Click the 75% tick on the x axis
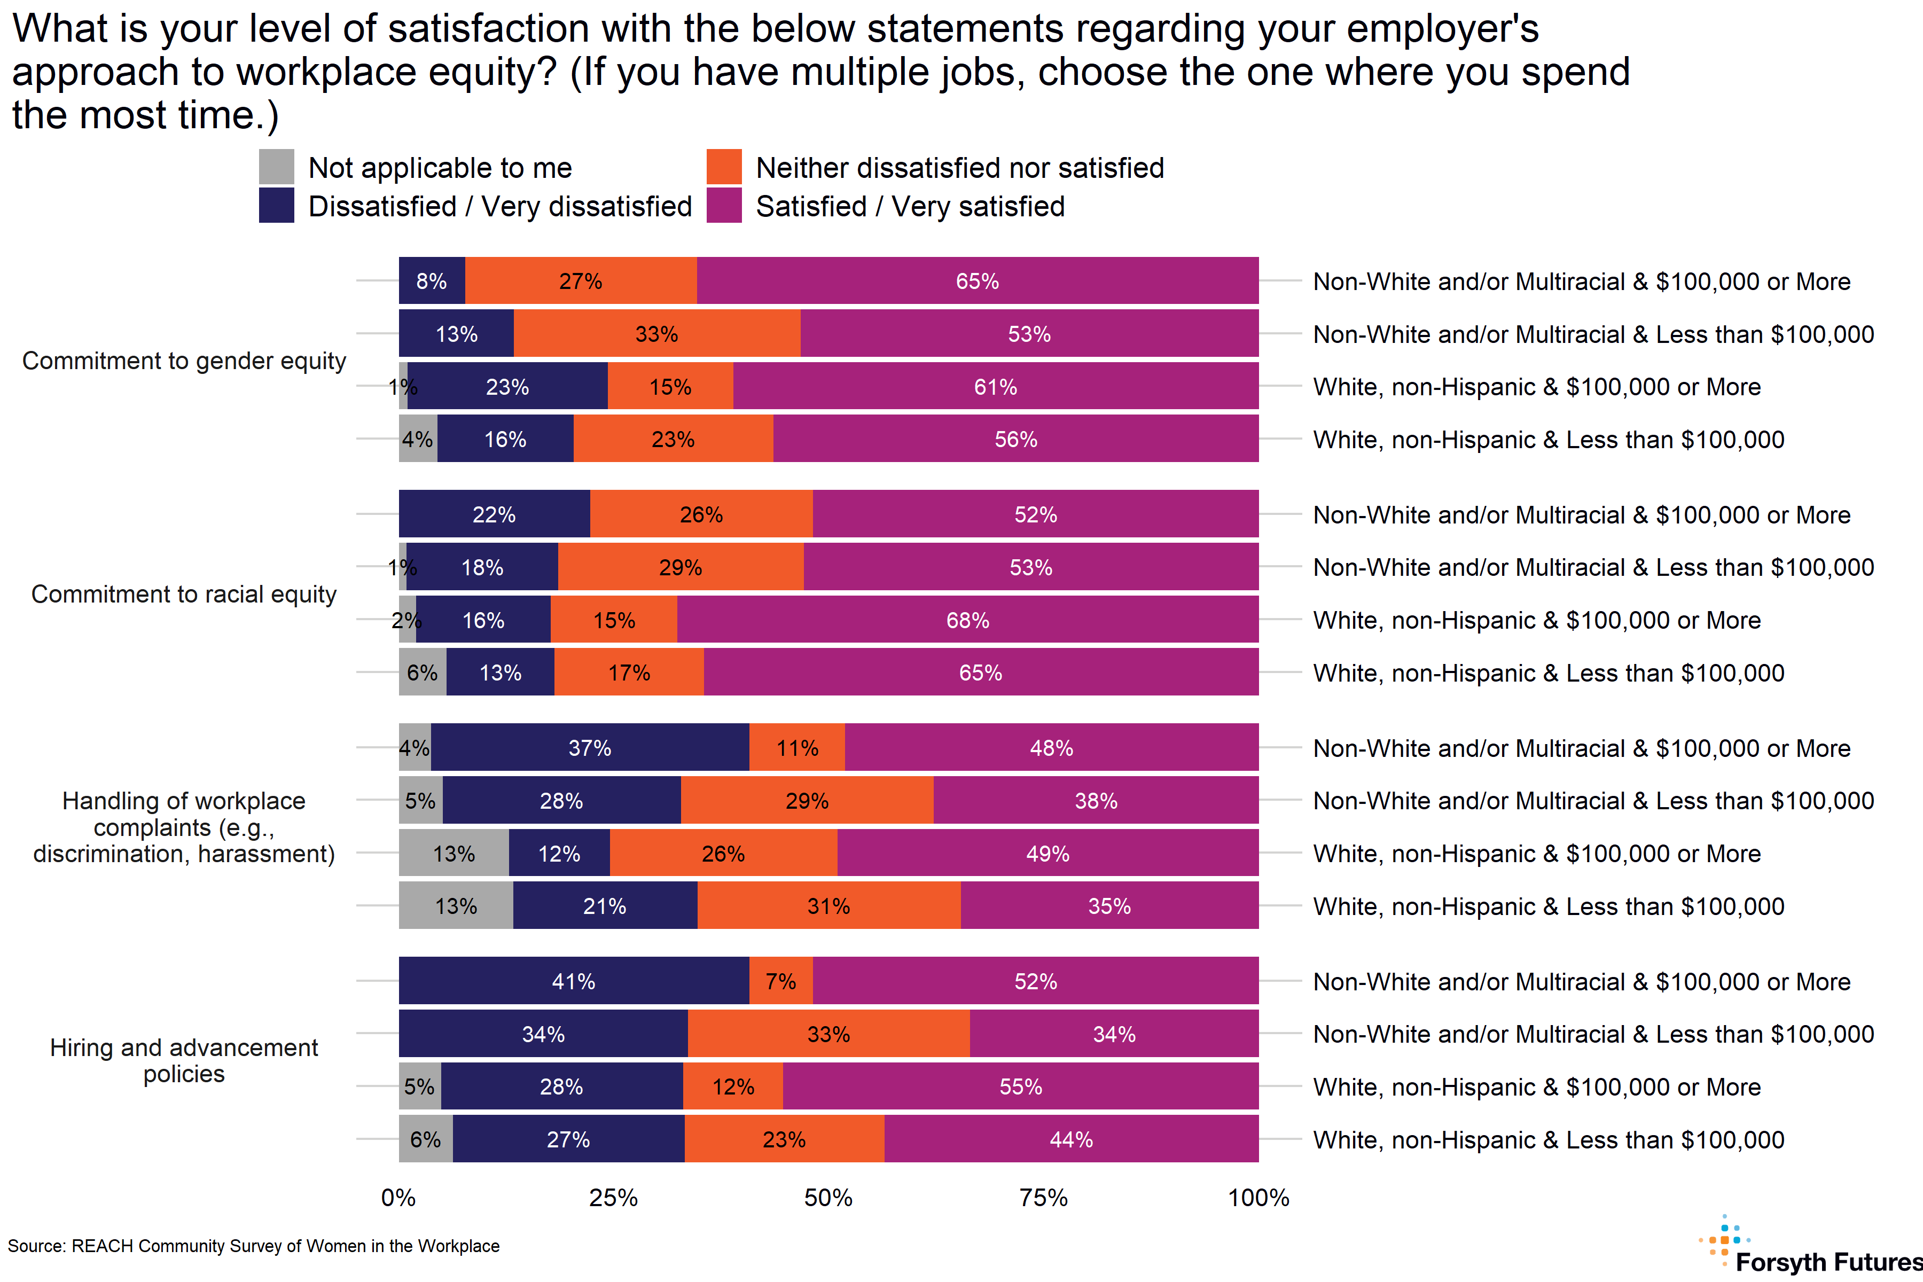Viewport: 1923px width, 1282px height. (x=1043, y=1198)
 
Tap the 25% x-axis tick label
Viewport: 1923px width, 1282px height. (x=613, y=1198)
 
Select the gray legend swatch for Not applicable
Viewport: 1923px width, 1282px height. (x=276, y=167)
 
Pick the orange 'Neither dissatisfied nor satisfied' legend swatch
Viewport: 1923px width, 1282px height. (x=724, y=167)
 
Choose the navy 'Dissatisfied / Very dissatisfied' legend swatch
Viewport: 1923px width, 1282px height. (x=276, y=205)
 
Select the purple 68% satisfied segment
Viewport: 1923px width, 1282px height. (x=967, y=620)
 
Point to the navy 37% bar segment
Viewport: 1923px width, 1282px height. (x=590, y=747)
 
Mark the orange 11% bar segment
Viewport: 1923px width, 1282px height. (x=797, y=747)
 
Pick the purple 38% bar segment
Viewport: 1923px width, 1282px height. (x=1096, y=800)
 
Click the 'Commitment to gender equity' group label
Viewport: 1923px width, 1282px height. (x=184, y=361)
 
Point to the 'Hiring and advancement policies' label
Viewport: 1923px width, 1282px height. (x=184, y=1060)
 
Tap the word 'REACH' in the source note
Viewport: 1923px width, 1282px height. (x=102, y=1246)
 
